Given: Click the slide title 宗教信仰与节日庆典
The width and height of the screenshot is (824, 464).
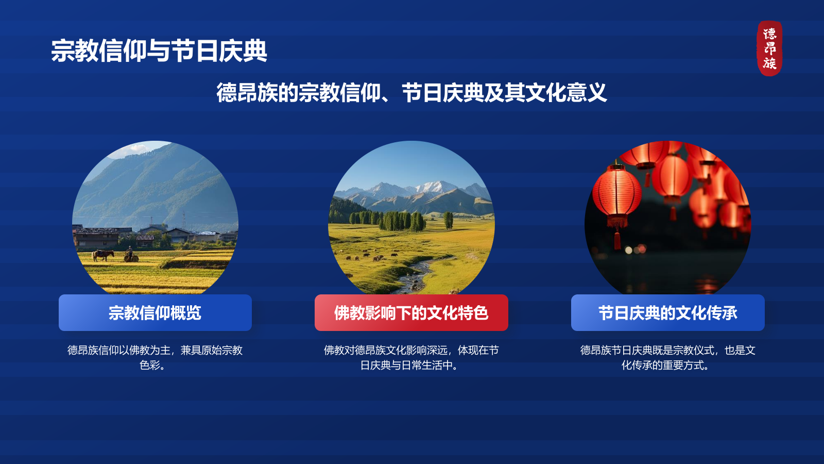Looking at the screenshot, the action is point(159,51).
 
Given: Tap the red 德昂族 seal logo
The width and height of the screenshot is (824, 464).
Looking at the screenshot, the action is point(769,48).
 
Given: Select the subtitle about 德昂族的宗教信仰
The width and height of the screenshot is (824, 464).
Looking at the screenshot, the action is point(411,92).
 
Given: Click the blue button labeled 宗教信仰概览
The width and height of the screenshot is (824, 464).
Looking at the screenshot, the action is point(155,312).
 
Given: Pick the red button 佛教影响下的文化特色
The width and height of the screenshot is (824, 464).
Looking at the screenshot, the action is point(411,312).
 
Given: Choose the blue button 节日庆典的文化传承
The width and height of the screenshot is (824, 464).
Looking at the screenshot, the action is point(667,312).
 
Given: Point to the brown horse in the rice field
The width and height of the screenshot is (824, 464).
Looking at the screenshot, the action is point(102,255).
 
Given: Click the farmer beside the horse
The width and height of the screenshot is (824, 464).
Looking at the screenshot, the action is point(129,253).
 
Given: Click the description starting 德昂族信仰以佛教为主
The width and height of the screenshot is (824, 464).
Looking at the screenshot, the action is point(155,357).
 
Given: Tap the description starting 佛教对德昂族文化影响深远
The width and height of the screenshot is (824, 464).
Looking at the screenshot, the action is point(411,357).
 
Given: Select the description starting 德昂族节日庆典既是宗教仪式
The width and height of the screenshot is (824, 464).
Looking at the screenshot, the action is point(667,357).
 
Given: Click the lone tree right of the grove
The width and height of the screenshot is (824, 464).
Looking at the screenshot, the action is point(448,220).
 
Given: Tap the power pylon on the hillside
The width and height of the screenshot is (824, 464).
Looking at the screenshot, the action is point(184,220).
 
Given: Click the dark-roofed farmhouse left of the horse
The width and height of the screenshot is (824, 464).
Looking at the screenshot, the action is point(96,238).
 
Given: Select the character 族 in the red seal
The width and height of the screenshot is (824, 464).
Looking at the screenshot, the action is point(769,63).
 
